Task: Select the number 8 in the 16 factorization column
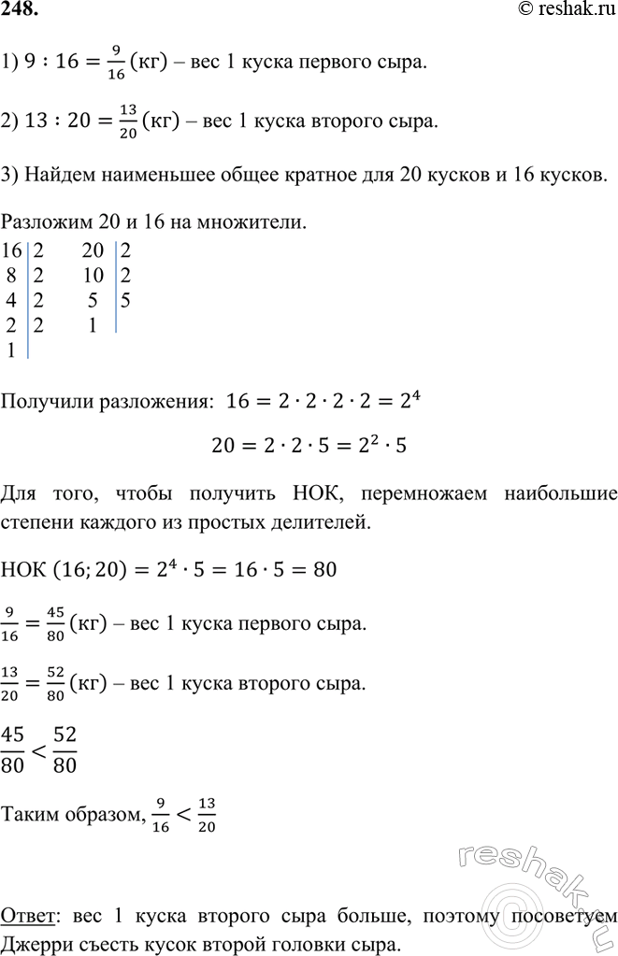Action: pos(12,276)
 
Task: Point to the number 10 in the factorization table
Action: pos(93,276)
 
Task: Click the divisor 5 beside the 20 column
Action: pos(125,302)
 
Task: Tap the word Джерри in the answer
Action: pos(34,943)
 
